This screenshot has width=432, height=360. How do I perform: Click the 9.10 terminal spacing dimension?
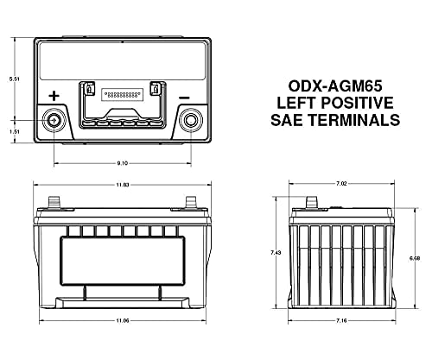123,163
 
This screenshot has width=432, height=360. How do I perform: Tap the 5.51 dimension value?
15,79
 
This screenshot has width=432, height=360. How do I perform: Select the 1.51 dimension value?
15,131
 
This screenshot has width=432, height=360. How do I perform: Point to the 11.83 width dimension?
123,185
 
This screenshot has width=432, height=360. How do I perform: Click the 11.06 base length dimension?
123,320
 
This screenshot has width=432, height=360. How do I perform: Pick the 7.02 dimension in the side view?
341,184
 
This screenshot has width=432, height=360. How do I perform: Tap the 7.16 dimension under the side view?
341,320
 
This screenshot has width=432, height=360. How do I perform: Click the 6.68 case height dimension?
415,258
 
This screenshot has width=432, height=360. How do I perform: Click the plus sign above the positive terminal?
54,96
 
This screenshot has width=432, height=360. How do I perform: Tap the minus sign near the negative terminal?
184,98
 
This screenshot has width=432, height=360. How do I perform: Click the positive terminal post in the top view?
54,121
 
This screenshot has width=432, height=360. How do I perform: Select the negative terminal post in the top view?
191,121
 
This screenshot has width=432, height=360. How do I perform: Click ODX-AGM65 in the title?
335,86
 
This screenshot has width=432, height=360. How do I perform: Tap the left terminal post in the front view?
54,202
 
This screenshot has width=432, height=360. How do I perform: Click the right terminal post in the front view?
191,202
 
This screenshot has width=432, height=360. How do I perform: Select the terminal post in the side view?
311,202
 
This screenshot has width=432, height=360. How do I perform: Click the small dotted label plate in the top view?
123,94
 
